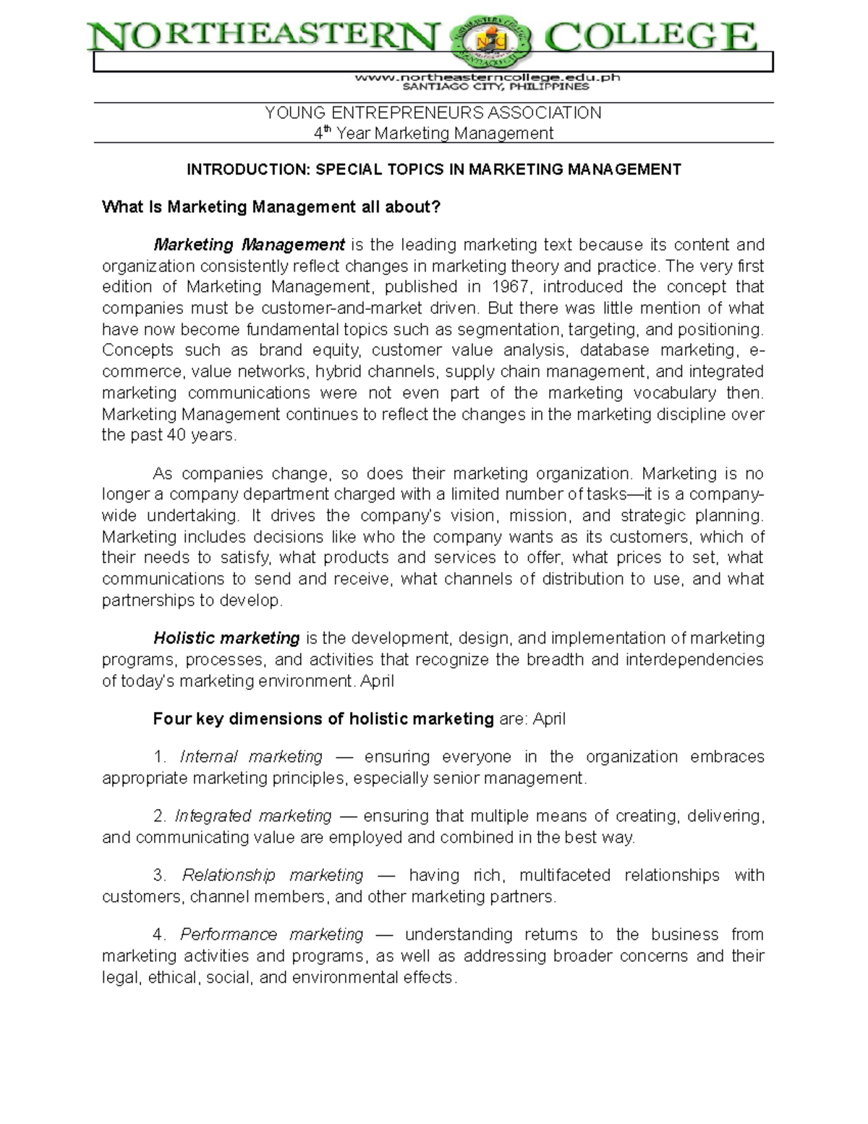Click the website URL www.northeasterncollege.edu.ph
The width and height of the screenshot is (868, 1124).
pos(487,76)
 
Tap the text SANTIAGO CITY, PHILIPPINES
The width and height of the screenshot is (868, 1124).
pos(495,87)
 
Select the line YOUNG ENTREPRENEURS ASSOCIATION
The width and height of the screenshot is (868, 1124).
pos(433,113)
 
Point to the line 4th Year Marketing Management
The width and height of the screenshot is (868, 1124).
pos(433,133)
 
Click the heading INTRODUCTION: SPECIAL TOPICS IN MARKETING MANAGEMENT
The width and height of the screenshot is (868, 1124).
pos(433,169)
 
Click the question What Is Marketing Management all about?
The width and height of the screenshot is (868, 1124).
pos(271,207)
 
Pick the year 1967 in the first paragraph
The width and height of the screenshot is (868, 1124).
pos(509,287)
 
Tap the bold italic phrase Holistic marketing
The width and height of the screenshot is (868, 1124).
pos(226,638)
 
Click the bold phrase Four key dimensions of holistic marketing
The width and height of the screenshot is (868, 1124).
pos(323,719)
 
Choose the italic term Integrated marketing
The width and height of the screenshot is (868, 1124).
pos(253,816)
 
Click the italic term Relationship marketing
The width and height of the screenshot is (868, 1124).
pos(273,876)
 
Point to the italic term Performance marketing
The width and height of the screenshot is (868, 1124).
pos(272,935)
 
